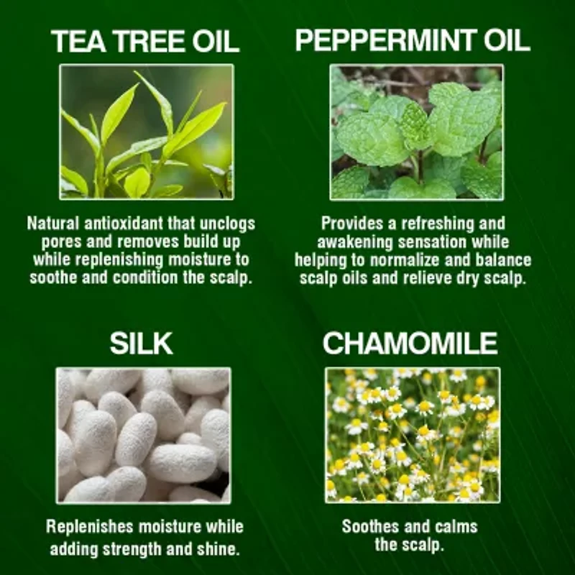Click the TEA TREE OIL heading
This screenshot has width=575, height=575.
coord(144,42)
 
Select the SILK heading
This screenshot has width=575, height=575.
coord(142,344)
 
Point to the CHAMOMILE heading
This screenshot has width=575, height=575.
coord(410,344)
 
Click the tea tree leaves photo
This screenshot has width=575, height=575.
coord(147,132)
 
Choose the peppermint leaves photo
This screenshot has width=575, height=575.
coord(416,132)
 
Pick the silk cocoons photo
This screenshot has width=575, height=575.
coord(144,434)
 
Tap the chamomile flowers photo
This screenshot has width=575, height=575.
coord(413,434)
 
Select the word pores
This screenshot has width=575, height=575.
coord(51,241)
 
